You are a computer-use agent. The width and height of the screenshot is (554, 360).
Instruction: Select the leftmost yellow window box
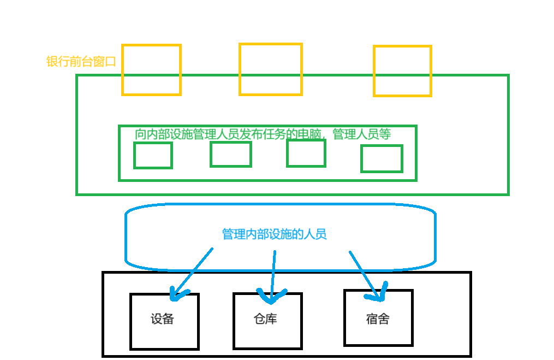point(151,70)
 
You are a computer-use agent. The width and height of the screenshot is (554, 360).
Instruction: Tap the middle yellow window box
point(271,69)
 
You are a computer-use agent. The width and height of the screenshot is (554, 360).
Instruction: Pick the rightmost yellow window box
point(402,71)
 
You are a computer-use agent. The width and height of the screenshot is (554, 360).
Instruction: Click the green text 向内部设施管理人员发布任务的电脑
point(229,134)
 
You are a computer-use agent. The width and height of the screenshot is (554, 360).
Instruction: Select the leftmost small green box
point(153,156)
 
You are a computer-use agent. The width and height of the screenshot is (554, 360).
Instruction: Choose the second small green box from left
point(231,154)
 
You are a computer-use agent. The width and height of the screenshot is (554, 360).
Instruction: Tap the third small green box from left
point(306,154)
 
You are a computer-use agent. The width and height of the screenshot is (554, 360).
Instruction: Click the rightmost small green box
point(382,159)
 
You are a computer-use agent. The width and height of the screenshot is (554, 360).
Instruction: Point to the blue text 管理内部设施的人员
point(274,234)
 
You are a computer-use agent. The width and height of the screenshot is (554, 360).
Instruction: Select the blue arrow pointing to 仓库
point(273,273)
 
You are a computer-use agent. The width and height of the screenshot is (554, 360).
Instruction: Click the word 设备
point(162,319)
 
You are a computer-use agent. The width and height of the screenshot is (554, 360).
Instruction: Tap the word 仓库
point(266,318)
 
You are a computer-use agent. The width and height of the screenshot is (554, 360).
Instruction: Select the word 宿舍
point(377,318)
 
